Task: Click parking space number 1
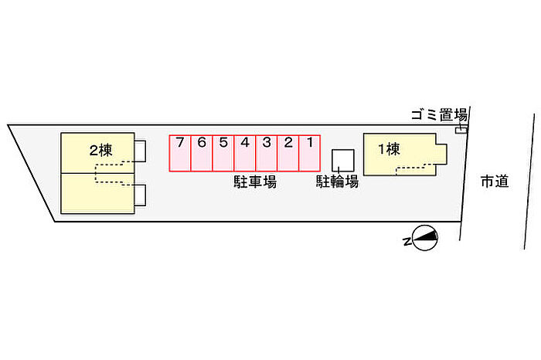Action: [309, 154]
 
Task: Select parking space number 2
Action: [288, 154]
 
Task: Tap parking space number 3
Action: [267, 154]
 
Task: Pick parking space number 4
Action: [245, 154]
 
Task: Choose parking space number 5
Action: [223, 154]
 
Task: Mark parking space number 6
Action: [202, 154]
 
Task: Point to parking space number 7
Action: [180, 154]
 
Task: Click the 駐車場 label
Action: [255, 182]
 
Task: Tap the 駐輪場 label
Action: [337, 182]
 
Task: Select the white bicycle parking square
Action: [343, 161]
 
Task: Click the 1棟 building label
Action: [390, 149]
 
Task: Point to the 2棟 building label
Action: [100, 151]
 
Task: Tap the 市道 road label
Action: [495, 182]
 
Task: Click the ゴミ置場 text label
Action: [439, 115]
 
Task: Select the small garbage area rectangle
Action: [461, 131]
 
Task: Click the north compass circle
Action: [425, 238]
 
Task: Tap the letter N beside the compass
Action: [407, 242]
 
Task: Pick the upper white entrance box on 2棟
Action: [140, 151]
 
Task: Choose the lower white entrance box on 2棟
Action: [140, 195]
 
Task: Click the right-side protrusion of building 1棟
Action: [441, 155]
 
